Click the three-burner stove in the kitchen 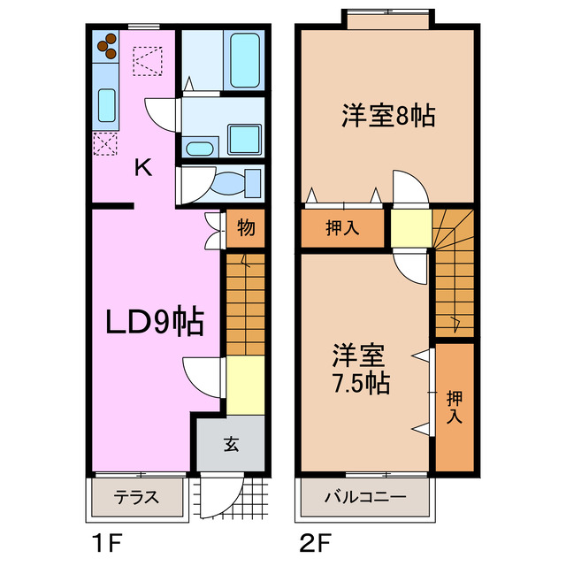pyautogui.click(x=106, y=45)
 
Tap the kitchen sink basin pyautogui.click(x=106, y=105)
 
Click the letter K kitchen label pyautogui.click(x=142, y=167)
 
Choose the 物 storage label pyautogui.click(x=245, y=229)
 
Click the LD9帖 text pyautogui.click(x=155, y=322)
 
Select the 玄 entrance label pyautogui.click(x=230, y=444)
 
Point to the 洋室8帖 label pyautogui.click(x=388, y=115)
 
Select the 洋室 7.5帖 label pyautogui.click(x=361, y=370)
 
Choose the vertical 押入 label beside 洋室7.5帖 pyautogui.click(x=455, y=407)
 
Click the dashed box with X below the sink pyautogui.click(x=105, y=143)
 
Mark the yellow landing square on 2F pyautogui.click(x=409, y=227)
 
